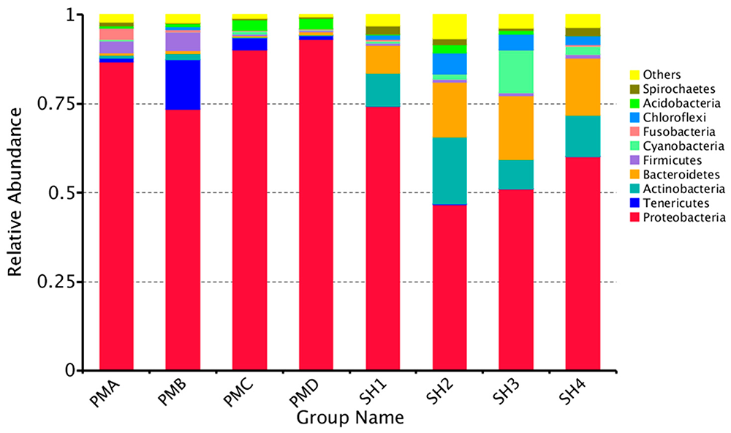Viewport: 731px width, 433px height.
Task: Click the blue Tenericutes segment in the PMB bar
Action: pyautogui.click(x=183, y=85)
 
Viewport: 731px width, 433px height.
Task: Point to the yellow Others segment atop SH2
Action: pyautogui.click(x=450, y=26)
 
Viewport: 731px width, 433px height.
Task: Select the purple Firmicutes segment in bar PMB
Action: pyautogui.click(x=183, y=42)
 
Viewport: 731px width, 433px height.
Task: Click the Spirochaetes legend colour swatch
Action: pyautogui.click(x=635, y=89)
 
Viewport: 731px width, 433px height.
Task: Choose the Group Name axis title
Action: pyautogui.click(x=349, y=419)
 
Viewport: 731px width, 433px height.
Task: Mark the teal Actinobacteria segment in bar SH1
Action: pyautogui.click(x=383, y=90)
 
